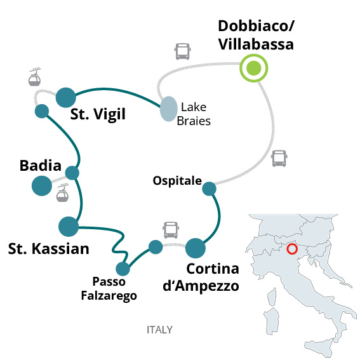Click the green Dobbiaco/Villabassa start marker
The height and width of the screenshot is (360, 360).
pyautogui.click(x=254, y=68)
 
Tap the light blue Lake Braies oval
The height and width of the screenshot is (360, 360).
pyautogui.click(x=169, y=109)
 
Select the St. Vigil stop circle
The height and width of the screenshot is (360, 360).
pyautogui.click(x=66, y=98)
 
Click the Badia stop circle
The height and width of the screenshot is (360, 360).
pyautogui.click(x=42, y=186)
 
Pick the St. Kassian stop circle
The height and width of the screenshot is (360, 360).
pyautogui.click(x=69, y=227)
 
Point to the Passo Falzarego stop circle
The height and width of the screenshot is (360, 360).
pyautogui.click(x=123, y=269)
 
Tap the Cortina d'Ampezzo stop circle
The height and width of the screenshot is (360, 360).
pyautogui.click(x=196, y=248)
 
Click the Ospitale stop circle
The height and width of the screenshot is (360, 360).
pyautogui.click(x=209, y=189)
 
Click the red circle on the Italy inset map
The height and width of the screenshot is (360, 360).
pyautogui.click(x=292, y=249)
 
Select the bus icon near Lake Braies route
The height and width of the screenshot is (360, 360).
pyautogui.click(x=182, y=51)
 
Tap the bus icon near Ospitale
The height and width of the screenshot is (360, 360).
pyautogui.click(x=279, y=159)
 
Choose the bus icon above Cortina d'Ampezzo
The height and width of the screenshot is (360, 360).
pyautogui.click(x=171, y=230)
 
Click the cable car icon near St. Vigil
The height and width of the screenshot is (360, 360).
pyautogui.click(x=35, y=77)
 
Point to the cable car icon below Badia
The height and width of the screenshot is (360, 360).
pyautogui.click(x=62, y=193)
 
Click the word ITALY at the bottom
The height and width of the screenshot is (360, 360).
pyautogui.click(x=159, y=330)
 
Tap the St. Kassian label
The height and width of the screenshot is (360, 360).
pyautogui.click(x=49, y=249)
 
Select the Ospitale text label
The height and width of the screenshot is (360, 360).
pyautogui.click(x=177, y=181)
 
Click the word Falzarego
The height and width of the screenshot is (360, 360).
pyautogui.click(x=109, y=296)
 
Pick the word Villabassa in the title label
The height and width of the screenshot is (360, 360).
pyautogui.click(x=256, y=44)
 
